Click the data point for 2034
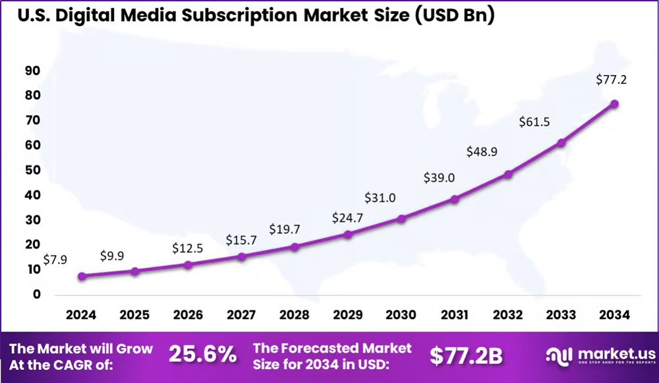coord(614,103)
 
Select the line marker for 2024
coord(82,276)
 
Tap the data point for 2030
coord(401,218)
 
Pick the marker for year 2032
coord(508,174)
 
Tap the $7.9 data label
coord(55,260)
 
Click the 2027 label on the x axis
coord(241,315)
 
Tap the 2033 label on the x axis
coord(561,315)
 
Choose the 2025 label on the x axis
coord(134,315)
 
